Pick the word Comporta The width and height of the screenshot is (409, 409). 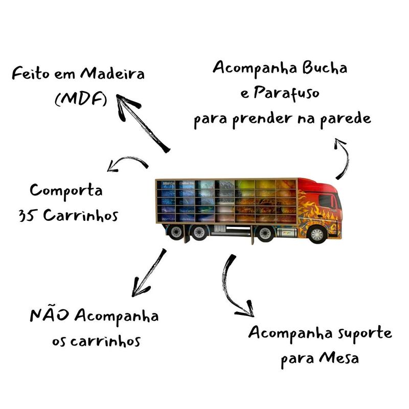[66, 191]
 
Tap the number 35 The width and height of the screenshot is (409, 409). [27, 215]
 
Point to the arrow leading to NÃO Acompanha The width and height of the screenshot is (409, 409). [148, 273]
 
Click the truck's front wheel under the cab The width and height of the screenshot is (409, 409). [317, 234]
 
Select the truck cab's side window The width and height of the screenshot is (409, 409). [327, 201]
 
